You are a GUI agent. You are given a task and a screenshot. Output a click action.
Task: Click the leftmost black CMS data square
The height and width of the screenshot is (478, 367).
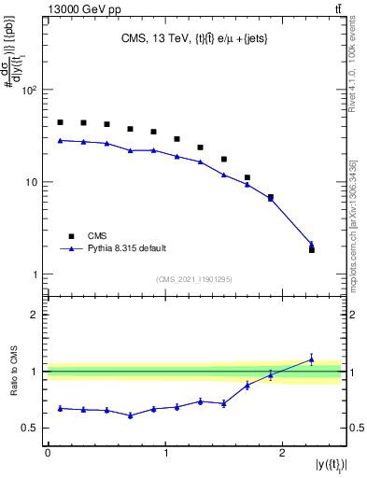(x=60, y=122)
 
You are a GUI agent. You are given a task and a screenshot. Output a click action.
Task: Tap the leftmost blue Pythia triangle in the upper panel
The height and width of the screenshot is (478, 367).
(x=60, y=140)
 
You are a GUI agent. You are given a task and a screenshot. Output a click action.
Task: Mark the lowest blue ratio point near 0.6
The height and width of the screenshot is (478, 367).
(x=131, y=415)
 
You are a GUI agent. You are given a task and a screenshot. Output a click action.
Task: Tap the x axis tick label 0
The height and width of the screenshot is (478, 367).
(x=48, y=452)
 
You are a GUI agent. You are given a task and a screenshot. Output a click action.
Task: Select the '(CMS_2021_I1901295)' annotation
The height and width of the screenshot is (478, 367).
(x=194, y=279)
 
